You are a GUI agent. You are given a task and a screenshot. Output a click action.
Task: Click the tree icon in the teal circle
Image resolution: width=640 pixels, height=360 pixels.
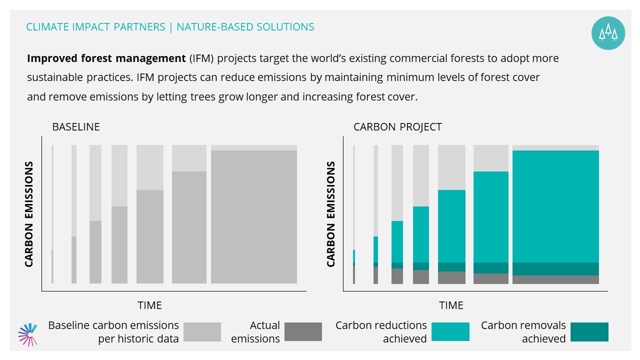point(608,33)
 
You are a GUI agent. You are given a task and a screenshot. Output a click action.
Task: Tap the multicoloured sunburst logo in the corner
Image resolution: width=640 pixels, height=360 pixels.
point(27,334)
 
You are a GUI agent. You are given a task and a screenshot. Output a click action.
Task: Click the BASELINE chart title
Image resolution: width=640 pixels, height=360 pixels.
point(76,127)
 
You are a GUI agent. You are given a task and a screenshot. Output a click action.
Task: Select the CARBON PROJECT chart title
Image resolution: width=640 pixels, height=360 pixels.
point(397,127)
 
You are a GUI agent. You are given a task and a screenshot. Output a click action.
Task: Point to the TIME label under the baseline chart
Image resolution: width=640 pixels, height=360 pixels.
point(149,305)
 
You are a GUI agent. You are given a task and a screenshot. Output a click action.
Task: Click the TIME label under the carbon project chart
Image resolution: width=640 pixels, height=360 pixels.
point(451,305)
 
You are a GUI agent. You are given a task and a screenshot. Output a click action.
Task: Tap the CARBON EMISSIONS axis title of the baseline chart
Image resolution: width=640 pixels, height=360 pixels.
point(29,214)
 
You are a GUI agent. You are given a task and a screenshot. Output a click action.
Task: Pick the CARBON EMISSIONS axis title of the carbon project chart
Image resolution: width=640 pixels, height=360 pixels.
point(330,214)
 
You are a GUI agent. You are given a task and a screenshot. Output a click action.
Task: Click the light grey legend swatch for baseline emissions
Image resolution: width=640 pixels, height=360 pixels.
point(202,332)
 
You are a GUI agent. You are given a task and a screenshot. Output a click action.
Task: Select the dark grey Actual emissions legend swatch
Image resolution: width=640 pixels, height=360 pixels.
point(303,331)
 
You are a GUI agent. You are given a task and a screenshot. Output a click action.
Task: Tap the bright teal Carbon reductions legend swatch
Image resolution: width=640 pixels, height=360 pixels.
point(450,331)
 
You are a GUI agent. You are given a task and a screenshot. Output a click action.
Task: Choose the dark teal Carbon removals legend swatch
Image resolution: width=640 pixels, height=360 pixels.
point(589,332)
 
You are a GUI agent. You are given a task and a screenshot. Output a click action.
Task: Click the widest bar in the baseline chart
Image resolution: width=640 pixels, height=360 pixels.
point(254,214)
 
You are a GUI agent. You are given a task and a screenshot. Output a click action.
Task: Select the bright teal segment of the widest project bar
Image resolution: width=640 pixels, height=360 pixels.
point(555,206)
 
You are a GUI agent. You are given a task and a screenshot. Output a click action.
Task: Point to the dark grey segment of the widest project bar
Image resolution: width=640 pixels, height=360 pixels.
point(555,279)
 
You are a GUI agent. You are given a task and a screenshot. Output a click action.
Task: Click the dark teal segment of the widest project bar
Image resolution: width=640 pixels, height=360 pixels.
point(555,269)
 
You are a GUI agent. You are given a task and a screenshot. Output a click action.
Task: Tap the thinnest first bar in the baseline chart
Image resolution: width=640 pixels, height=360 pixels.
point(52,214)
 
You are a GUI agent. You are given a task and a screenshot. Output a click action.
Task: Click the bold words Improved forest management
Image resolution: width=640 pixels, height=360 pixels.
point(106,58)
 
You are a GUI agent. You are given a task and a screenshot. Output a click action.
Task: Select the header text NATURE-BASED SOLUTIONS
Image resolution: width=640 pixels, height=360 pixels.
point(245,27)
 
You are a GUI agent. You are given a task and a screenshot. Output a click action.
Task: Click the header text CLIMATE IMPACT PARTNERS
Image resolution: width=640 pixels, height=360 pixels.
point(95,27)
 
